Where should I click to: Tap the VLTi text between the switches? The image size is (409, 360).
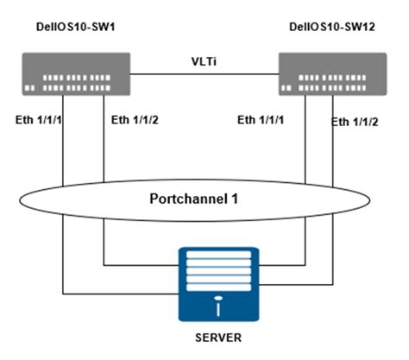tap(204, 63)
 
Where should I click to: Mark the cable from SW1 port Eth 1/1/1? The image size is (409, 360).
tap(63, 155)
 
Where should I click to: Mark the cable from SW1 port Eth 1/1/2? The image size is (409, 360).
tap(104, 155)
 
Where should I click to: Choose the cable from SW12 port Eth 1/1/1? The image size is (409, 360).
tap(305, 155)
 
